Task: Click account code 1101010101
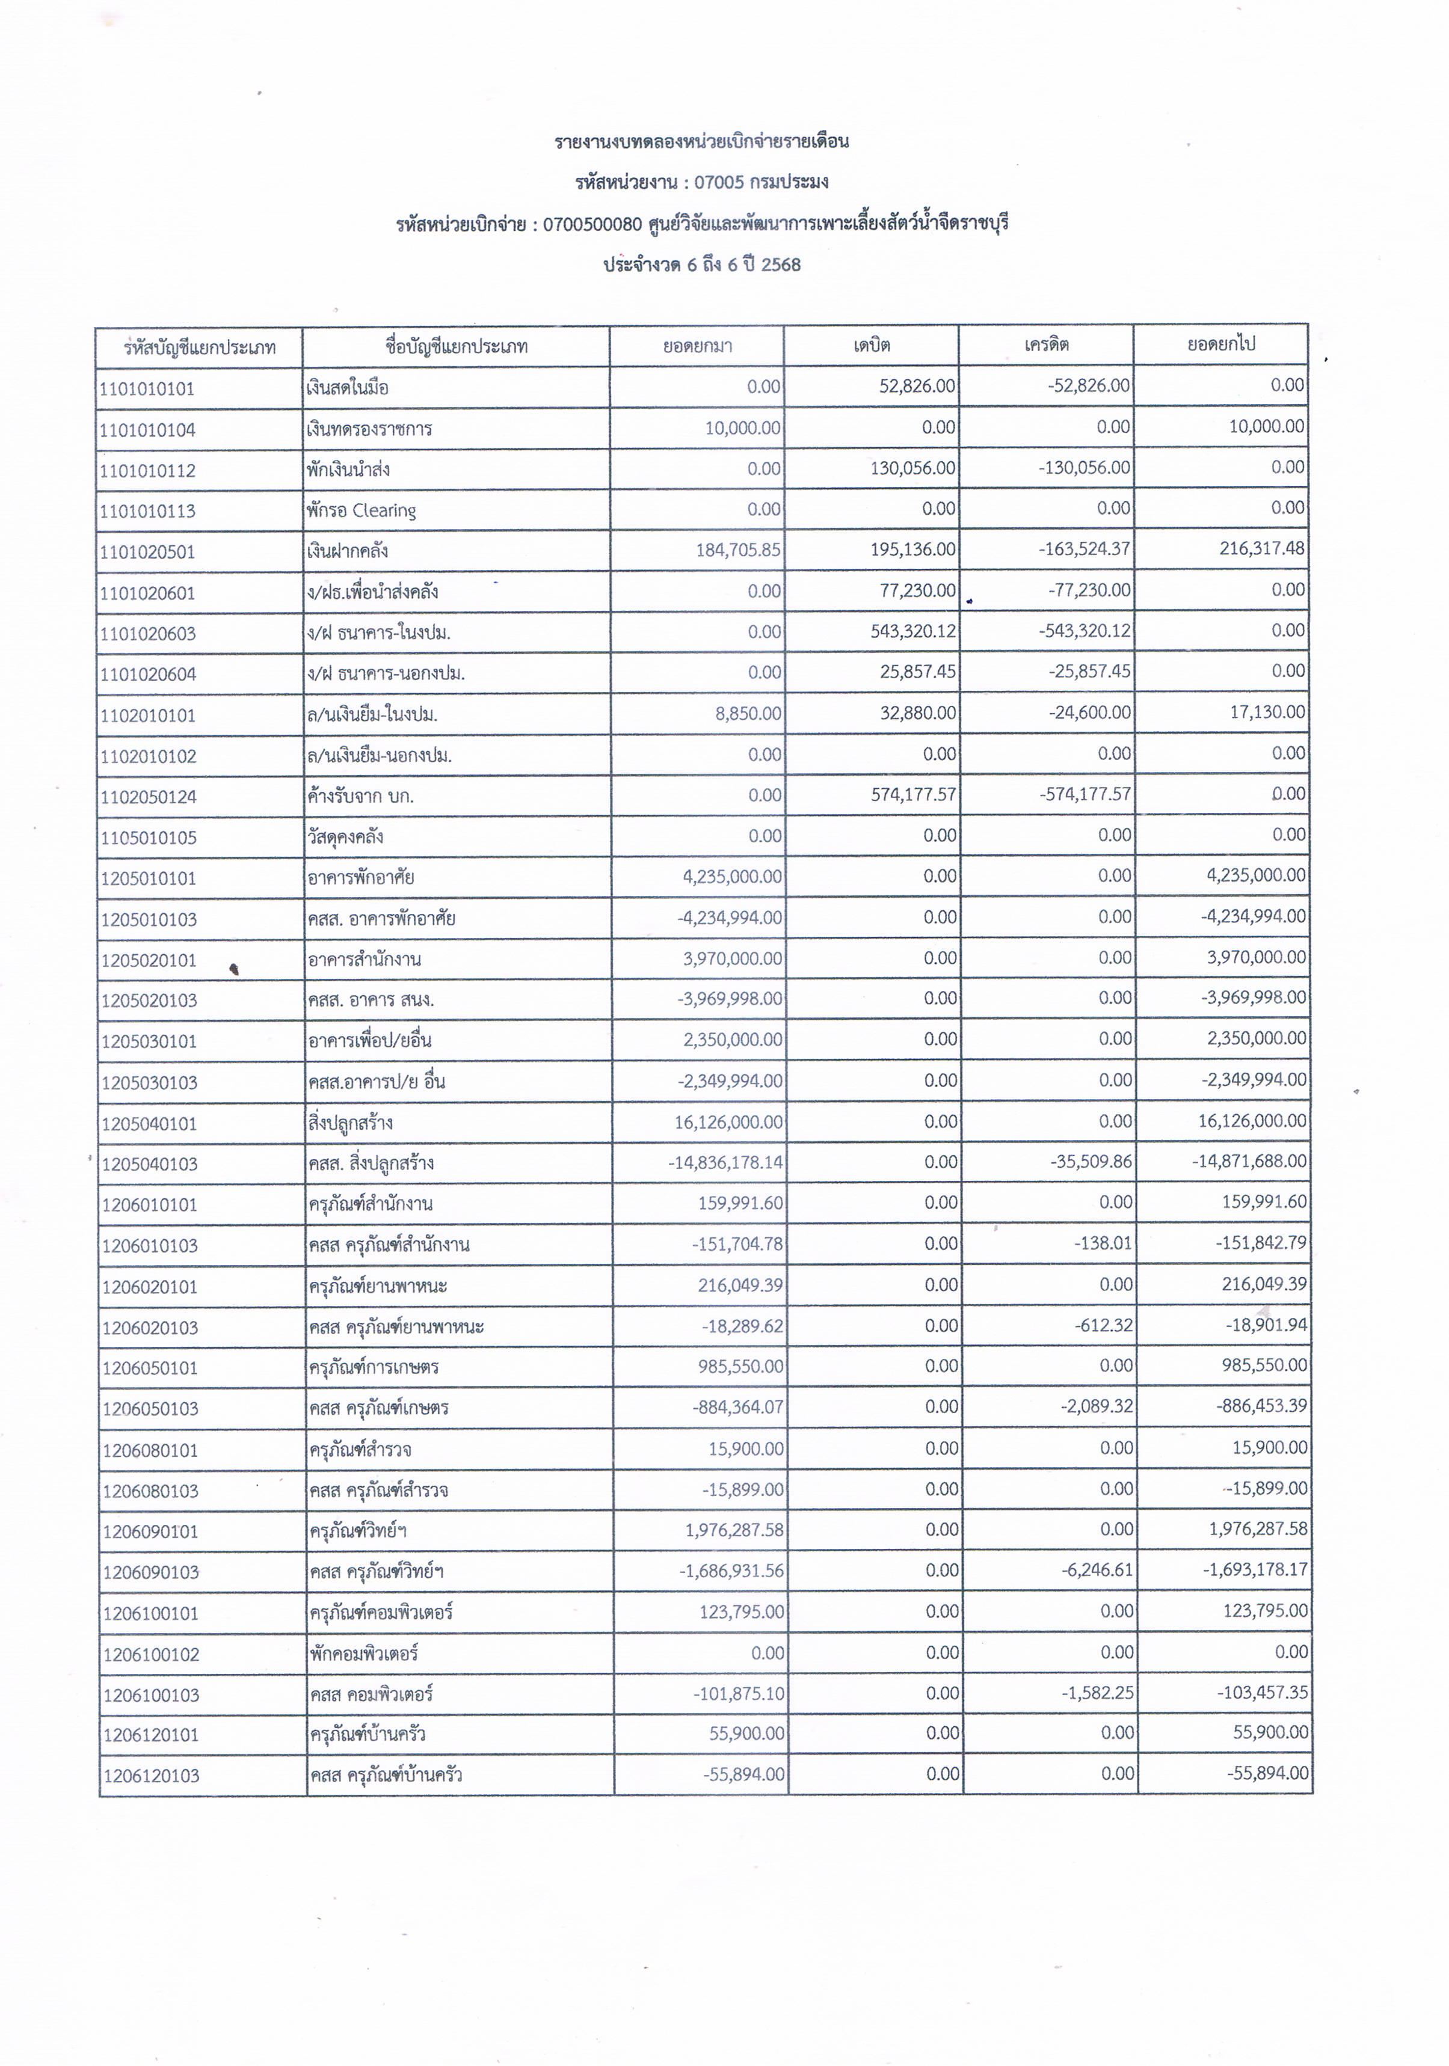coord(147,388)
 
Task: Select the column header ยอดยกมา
coord(698,346)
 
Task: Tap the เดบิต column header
coord(871,345)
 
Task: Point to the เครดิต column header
coord(1046,345)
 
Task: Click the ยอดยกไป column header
coord(1220,344)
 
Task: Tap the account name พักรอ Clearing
coord(361,510)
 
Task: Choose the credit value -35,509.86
coord(1091,1162)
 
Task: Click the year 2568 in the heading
coord(780,265)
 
